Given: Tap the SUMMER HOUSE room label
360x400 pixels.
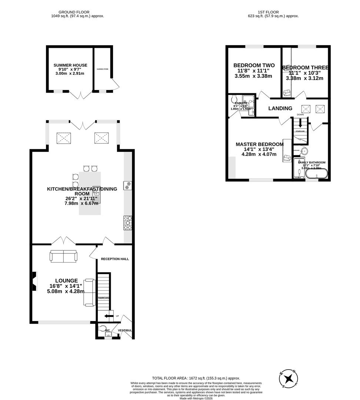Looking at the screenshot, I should pyautogui.click(x=70, y=65).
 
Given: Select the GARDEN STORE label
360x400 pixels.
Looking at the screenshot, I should pyautogui.click(x=103, y=69).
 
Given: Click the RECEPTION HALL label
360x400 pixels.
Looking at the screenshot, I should pyautogui.click(x=115, y=259).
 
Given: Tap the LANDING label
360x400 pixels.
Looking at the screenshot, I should pyautogui.click(x=280, y=109).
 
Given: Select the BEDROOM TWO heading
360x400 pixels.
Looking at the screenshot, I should pyautogui.click(x=254, y=66).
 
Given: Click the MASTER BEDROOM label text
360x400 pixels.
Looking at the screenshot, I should pyautogui.click(x=260, y=144).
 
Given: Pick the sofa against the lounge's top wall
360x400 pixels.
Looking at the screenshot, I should pyautogui.click(x=64, y=256).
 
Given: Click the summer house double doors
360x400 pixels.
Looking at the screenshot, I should pyautogui.click(x=81, y=94).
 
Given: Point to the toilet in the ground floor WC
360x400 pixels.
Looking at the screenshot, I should pyautogui.click(x=102, y=328).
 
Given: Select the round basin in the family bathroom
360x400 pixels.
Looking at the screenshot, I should pyautogui.click(x=304, y=151).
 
